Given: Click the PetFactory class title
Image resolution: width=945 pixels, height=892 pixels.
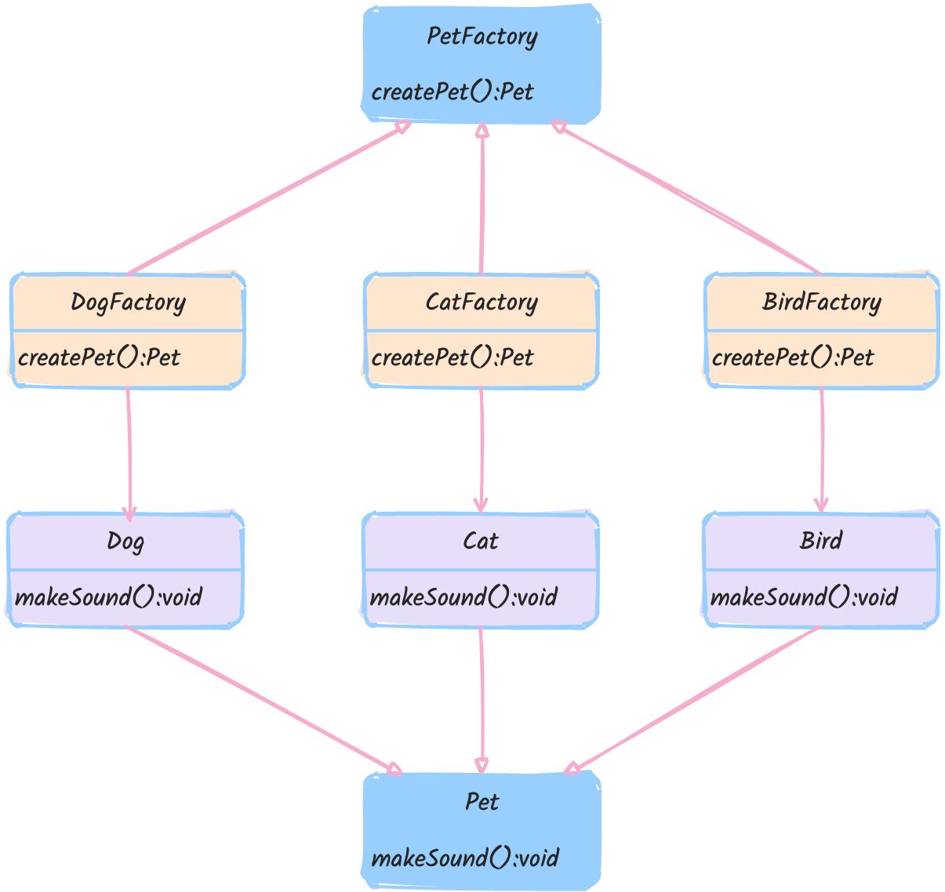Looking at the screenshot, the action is [x=482, y=37].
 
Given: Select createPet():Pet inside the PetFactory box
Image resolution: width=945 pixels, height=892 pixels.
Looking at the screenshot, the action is [x=452, y=92].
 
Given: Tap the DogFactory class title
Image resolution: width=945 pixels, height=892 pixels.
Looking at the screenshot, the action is [x=128, y=303].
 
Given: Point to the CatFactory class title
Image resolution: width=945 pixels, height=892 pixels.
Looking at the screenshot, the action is [x=482, y=303].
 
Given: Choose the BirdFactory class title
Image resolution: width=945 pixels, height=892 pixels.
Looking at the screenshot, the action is [x=822, y=303].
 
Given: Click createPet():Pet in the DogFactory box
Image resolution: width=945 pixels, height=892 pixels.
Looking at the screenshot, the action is [x=99, y=357].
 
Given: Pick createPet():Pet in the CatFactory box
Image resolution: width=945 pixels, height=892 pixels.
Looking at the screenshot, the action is [x=452, y=357].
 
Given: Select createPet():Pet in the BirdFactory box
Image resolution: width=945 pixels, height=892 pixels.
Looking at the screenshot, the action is [x=793, y=357].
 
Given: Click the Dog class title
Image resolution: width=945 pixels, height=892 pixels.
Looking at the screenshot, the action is [x=125, y=542].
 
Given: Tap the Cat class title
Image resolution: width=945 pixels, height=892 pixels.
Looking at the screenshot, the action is [x=481, y=542].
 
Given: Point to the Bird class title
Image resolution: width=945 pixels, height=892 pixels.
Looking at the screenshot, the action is [x=821, y=541].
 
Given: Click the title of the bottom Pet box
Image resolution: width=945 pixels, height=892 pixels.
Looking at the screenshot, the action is [x=482, y=802].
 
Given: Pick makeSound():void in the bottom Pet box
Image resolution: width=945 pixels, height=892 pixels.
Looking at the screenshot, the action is [x=465, y=858].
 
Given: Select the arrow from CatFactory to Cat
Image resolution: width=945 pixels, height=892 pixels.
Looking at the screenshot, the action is [x=481, y=450].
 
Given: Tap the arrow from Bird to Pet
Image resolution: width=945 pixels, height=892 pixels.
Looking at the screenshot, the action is [x=692, y=700].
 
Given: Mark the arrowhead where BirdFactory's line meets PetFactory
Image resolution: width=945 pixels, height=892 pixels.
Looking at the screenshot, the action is [x=558, y=126].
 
